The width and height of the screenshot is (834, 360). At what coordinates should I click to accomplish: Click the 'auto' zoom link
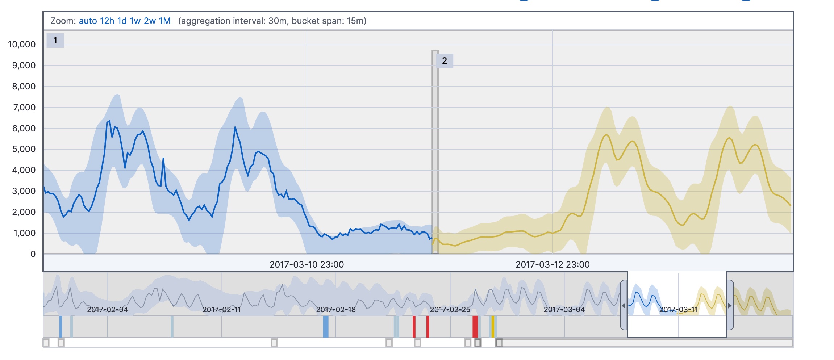pyautogui.click(x=88, y=21)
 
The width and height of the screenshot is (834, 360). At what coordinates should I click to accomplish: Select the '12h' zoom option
pyautogui.click(x=107, y=21)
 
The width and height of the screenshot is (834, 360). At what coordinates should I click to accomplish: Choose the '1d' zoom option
pyautogui.click(x=122, y=21)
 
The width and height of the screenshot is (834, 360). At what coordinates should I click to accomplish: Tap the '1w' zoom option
pyautogui.click(x=135, y=21)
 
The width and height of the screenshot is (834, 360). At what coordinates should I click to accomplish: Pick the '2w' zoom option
pyautogui.click(x=150, y=21)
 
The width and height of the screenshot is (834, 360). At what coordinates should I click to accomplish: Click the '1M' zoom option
pyautogui.click(x=165, y=21)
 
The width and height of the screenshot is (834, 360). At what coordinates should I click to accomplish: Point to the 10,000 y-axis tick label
pyautogui.click(x=22, y=45)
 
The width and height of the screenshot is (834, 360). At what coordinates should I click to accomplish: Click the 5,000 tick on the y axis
pyautogui.click(x=24, y=149)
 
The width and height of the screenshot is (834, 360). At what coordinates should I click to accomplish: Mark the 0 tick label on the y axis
pyautogui.click(x=33, y=254)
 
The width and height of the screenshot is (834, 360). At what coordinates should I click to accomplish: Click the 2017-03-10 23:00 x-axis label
pyautogui.click(x=307, y=265)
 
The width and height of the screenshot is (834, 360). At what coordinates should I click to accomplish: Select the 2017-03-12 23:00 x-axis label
pyautogui.click(x=552, y=265)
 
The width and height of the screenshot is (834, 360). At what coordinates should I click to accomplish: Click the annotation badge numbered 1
pyautogui.click(x=55, y=41)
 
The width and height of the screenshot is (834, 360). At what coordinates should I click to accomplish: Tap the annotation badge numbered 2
pyautogui.click(x=445, y=61)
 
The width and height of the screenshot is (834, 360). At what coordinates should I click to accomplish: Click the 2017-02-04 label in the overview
pyautogui.click(x=107, y=310)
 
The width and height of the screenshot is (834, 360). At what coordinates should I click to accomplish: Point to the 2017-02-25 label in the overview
pyautogui.click(x=450, y=310)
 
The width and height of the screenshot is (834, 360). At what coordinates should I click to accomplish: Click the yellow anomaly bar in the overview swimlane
pyautogui.click(x=493, y=327)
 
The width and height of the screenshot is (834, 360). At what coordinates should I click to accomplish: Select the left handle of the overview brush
pyautogui.click(x=624, y=305)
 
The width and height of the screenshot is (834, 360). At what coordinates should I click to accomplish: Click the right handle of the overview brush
pyautogui.click(x=730, y=305)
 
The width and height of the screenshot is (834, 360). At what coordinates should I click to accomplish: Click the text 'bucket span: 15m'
pyautogui.click(x=329, y=21)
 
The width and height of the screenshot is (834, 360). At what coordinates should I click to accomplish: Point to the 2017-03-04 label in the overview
pyautogui.click(x=564, y=310)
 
